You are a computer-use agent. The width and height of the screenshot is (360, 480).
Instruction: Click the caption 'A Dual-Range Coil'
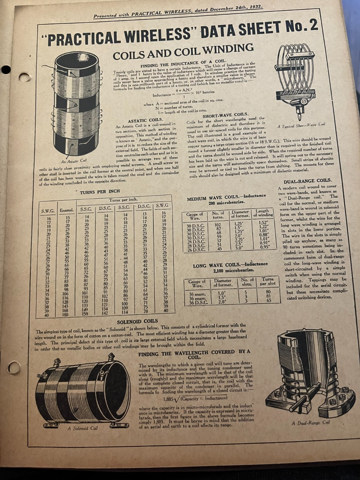click(x=310, y=423)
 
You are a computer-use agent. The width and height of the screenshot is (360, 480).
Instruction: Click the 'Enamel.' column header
click(x=67, y=210)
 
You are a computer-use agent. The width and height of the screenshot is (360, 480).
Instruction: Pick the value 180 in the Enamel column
click(x=65, y=315)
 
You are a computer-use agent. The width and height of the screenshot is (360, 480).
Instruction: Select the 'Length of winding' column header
click(x=263, y=213)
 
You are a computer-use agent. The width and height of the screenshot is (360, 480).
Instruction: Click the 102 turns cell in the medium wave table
click(x=218, y=225)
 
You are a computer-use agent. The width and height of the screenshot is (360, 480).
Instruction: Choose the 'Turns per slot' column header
click(x=268, y=281)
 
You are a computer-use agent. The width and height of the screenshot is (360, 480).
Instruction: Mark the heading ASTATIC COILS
click(x=145, y=120)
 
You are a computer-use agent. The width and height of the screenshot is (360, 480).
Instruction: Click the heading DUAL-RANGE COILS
click(x=308, y=181)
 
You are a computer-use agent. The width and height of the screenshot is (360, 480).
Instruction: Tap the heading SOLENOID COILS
click(x=137, y=322)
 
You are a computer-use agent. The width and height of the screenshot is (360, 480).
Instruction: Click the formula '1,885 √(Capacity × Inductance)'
click(x=195, y=398)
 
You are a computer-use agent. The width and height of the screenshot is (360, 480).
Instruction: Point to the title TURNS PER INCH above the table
click(x=100, y=192)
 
